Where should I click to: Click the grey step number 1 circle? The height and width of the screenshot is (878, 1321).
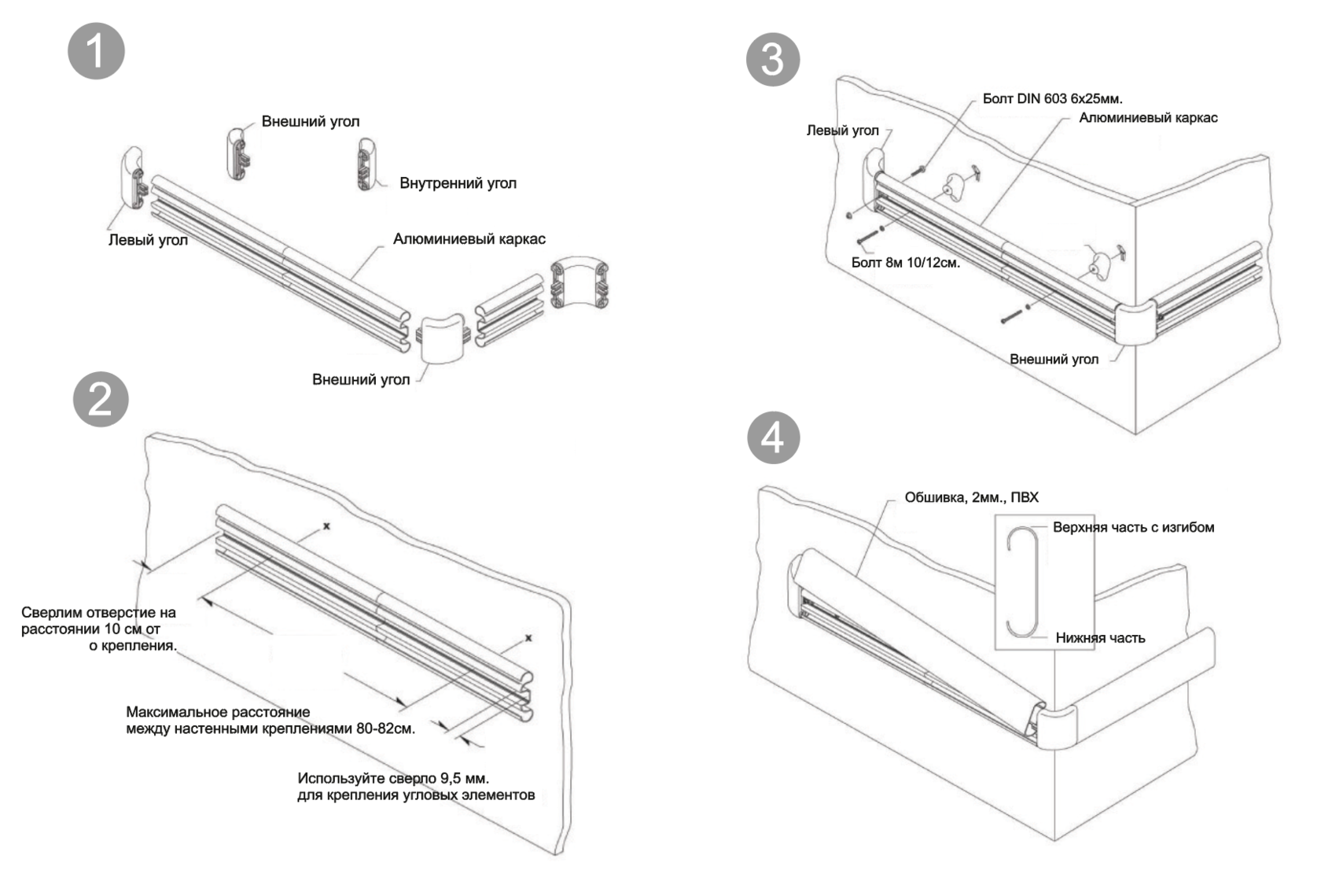96,51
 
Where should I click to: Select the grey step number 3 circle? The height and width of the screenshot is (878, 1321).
773,59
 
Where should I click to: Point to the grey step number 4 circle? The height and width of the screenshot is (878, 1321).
773,437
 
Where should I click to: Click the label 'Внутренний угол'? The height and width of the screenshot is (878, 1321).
458,183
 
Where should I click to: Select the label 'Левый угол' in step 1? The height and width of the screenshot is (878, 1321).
148,240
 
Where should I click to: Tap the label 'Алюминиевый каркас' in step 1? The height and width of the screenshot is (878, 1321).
469,239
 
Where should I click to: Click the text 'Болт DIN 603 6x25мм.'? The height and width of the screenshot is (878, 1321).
1052,99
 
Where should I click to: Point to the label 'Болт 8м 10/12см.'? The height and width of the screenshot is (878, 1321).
905,263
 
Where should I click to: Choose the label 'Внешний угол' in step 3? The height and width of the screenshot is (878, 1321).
1054,360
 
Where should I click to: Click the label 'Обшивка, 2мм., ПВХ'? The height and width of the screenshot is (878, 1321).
971,497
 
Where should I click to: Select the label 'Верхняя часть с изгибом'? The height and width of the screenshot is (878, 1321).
1133,527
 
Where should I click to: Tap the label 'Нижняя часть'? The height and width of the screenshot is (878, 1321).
1100,638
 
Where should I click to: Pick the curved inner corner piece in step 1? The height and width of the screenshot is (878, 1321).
580,282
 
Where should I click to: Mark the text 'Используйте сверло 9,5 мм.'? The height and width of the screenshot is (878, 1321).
393,778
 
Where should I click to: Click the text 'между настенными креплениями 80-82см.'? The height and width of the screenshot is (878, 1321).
270,729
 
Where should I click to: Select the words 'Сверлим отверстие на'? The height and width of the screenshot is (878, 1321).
98,612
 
